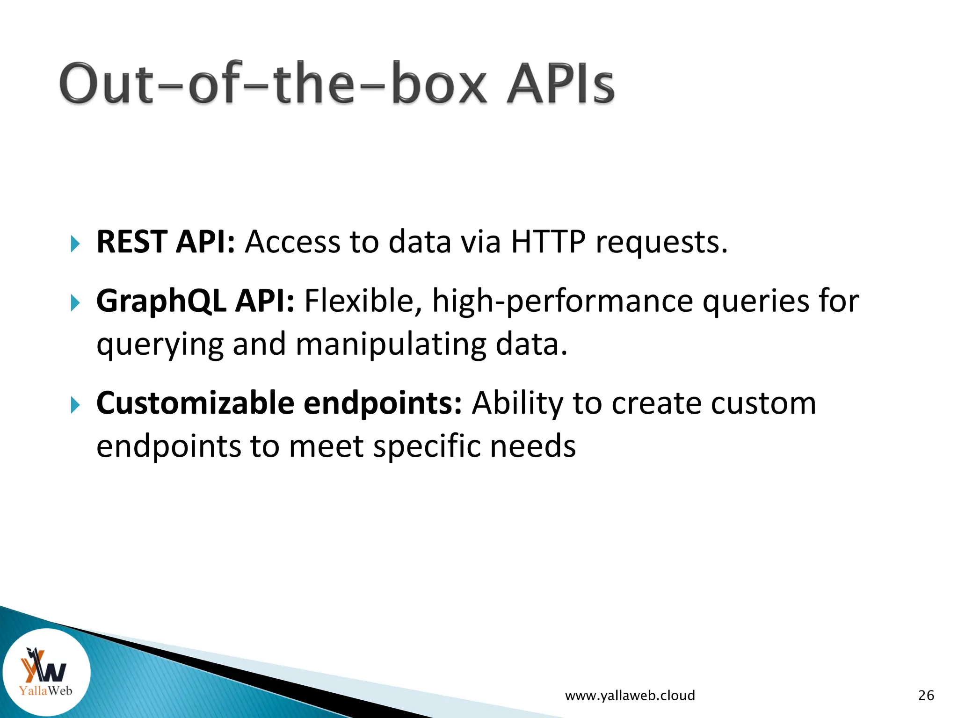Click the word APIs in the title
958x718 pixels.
tap(560, 84)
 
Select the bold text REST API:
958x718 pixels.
tap(165, 242)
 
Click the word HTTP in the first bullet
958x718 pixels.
tap(548, 242)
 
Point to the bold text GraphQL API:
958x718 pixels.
tap(195, 300)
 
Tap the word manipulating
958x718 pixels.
tap(391, 344)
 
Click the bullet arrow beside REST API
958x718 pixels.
tap(75, 244)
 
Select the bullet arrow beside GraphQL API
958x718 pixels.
tap(75, 303)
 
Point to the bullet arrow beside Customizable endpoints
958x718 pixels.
tap(75, 405)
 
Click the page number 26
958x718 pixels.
tap(926, 696)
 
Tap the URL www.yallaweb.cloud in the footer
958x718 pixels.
tap(630, 696)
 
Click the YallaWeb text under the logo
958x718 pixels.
tap(45, 690)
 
